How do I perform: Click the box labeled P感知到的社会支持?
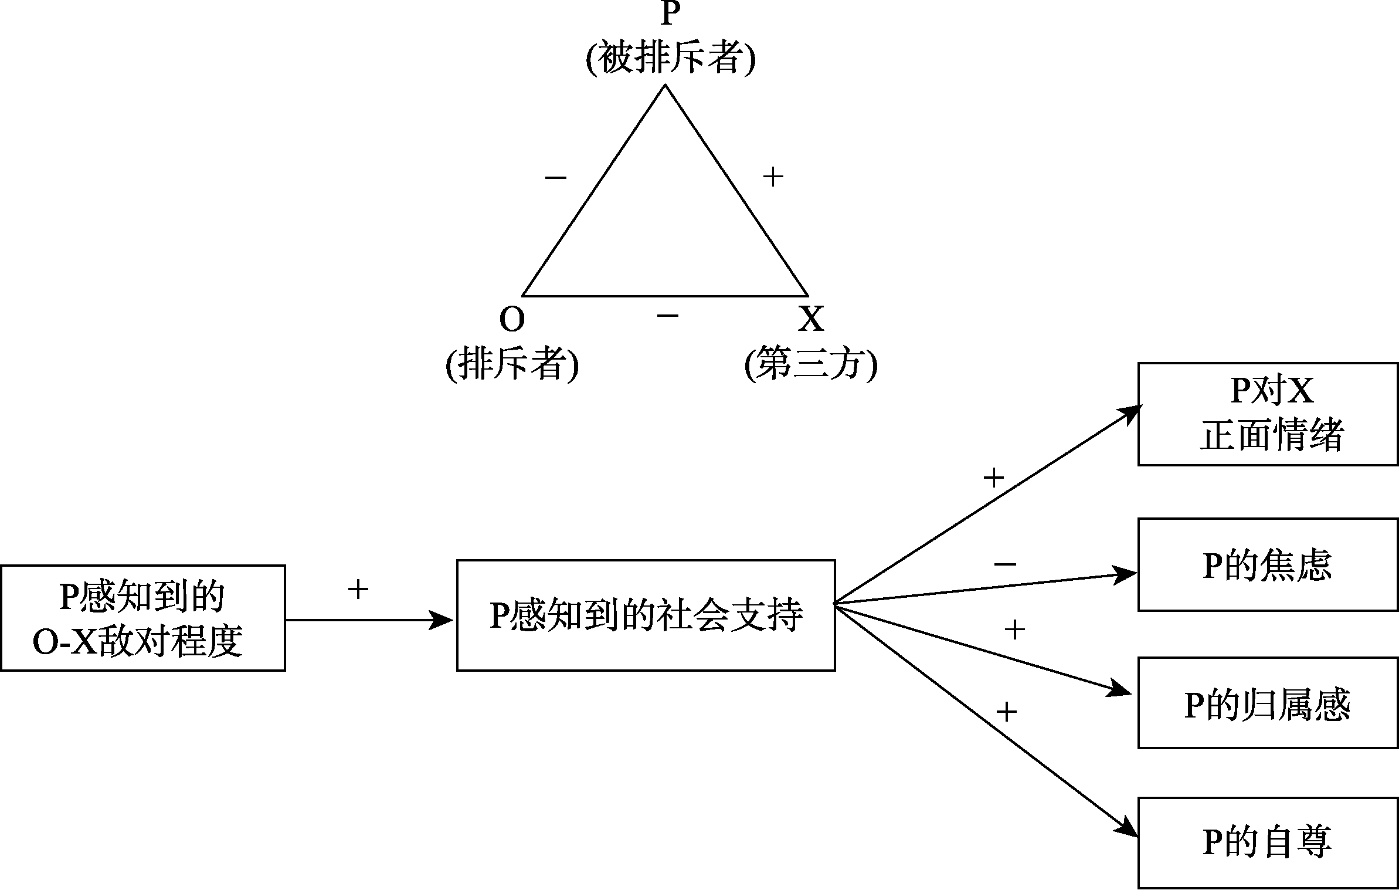click(646, 615)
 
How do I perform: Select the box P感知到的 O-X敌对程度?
click(142, 618)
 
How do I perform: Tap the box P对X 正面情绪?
click(1268, 414)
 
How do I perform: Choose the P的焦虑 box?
click(1268, 565)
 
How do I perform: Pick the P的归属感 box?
click(1268, 703)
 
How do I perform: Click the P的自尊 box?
click(1268, 842)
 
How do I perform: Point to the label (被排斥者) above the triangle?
click(670, 59)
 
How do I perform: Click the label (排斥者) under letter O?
click(512, 364)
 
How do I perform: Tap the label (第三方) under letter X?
click(810, 364)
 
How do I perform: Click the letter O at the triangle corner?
click(511, 319)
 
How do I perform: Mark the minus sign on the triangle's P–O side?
click(556, 177)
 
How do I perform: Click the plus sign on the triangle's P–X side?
click(773, 177)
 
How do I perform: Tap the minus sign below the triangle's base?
click(668, 316)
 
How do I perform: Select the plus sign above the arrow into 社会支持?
click(358, 589)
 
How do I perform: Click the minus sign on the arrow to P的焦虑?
click(1005, 564)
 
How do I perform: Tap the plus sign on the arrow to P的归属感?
click(1015, 630)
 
